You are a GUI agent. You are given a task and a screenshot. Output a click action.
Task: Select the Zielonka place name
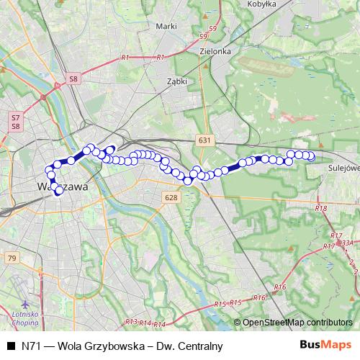point(216,51)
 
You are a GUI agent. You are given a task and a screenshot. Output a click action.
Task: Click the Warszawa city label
point(61,186)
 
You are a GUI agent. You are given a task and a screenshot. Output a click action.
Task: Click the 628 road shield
point(171,197)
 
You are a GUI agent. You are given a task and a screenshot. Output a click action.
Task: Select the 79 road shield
point(11,257)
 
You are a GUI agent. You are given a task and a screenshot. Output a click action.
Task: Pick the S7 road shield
point(15,117)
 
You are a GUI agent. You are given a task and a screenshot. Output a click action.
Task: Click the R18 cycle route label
point(321,208)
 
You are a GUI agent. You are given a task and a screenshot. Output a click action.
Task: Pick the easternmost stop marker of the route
point(312,156)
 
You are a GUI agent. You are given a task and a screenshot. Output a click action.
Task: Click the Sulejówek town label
point(343,168)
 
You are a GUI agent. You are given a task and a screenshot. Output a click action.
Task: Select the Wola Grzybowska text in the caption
point(98,346)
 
